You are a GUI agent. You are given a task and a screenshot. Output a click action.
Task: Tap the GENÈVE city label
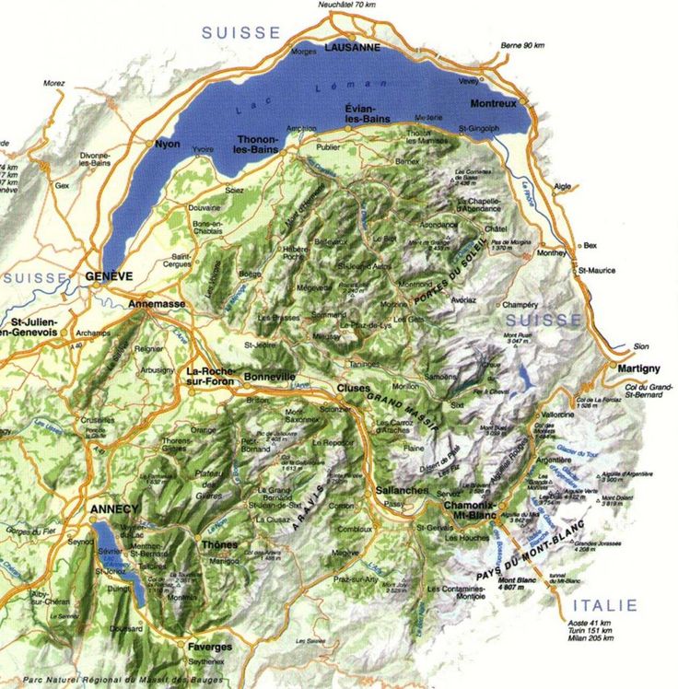coord(109,276)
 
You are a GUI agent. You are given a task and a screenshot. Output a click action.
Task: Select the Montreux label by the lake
coord(493,104)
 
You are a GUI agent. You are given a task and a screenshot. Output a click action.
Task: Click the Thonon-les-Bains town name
coord(255,144)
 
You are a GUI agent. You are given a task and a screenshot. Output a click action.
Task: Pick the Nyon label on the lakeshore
coord(168,144)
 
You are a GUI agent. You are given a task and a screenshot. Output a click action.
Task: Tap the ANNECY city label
coord(114,509)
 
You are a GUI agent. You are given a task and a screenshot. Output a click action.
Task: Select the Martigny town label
coord(638,368)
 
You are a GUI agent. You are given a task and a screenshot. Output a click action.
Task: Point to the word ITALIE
coord(604,605)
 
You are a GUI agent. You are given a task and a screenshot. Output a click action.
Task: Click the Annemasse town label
coord(157,303)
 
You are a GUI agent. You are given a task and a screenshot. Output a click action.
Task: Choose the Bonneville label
coord(269,377)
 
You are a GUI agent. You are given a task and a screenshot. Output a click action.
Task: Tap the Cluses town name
coord(353,388)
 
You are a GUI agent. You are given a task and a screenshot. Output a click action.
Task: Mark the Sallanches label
coord(402,491)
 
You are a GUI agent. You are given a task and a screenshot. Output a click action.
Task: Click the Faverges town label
coord(209,647)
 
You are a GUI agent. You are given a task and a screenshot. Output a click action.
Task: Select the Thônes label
coord(219,544)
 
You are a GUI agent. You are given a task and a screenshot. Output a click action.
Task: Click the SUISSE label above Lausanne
coord(240,32)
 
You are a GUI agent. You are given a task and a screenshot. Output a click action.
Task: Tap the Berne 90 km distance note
coord(522,45)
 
